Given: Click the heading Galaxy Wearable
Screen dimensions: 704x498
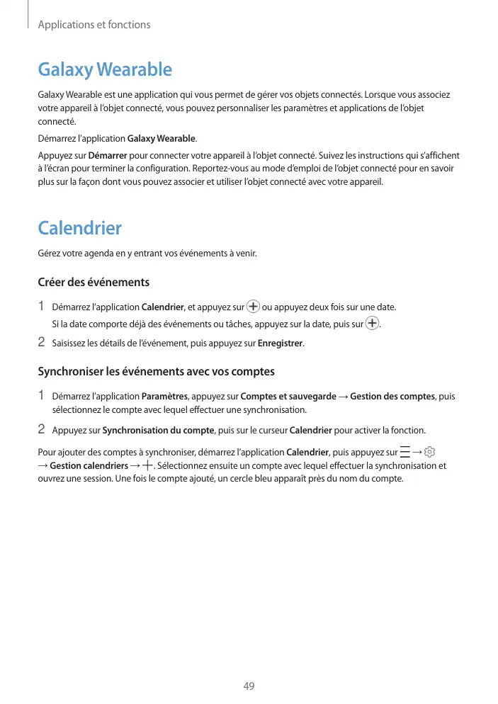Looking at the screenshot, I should coord(105,69).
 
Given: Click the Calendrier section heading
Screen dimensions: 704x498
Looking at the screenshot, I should coord(79,228).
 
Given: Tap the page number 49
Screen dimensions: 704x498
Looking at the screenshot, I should coord(249,686).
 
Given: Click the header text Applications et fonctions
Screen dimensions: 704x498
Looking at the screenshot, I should coord(94,25).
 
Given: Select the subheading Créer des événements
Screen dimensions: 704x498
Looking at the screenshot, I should coord(94,282).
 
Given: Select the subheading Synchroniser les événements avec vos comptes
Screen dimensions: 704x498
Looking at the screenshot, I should coord(156,371).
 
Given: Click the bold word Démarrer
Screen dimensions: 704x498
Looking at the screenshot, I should coord(108,155).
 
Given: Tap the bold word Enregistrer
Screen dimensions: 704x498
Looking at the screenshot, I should coord(281,344).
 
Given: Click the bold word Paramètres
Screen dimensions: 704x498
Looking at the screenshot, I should coord(165,396).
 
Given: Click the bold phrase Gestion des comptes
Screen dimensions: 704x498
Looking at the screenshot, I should coord(392,396).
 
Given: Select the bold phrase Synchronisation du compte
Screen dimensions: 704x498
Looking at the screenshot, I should coord(159,430).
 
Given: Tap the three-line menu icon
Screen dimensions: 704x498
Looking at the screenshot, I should coord(404,452).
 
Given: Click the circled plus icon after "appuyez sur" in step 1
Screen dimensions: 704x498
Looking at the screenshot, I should coord(253,307).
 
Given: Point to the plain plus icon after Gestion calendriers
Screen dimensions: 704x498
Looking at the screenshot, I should coord(147,465).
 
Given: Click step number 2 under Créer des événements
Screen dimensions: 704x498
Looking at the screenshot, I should coord(41,343).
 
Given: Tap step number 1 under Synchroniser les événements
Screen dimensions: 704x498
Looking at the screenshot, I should coord(41,395).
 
